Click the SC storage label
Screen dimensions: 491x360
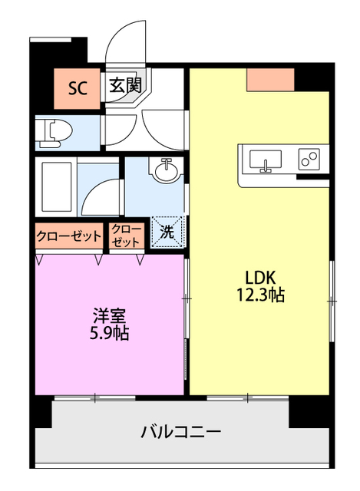77,87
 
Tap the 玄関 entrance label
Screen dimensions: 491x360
124,85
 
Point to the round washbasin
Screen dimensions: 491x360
164,170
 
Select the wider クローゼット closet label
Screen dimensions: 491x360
68,236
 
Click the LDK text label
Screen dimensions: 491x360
260,277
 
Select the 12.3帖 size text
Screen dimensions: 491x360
260,295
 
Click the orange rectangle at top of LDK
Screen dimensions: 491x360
271,79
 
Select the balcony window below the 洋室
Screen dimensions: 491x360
94,397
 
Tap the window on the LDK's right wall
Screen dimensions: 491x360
332,299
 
